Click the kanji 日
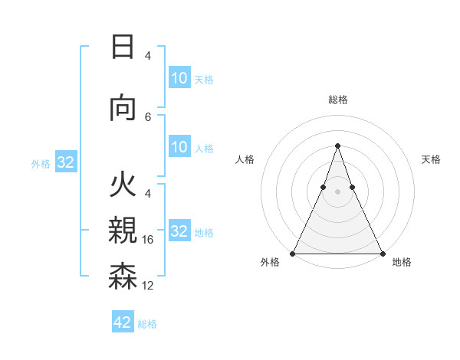pyautogui.click(x=123, y=47)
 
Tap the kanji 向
pyautogui.click(x=123, y=109)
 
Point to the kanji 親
pyautogui.click(x=123, y=230)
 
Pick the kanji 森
pyautogui.click(x=123, y=276)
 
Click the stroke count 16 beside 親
pyautogui.click(x=148, y=240)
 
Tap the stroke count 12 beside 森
pyautogui.click(x=148, y=286)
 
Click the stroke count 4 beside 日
pyautogui.click(x=148, y=56)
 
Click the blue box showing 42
pyautogui.click(x=123, y=322)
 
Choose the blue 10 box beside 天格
pyautogui.click(x=179, y=78)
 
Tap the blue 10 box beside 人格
pyautogui.click(x=179, y=147)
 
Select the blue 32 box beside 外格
pyautogui.click(x=65, y=162)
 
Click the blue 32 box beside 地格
pyautogui.click(x=179, y=231)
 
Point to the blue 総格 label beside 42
pyautogui.click(x=147, y=323)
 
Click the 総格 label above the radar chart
pyautogui.click(x=337, y=100)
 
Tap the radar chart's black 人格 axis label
pyautogui.click(x=245, y=159)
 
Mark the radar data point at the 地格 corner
pyautogui.click(x=382, y=253)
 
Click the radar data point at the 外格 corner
pyautogui.click(x=293, y=253)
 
